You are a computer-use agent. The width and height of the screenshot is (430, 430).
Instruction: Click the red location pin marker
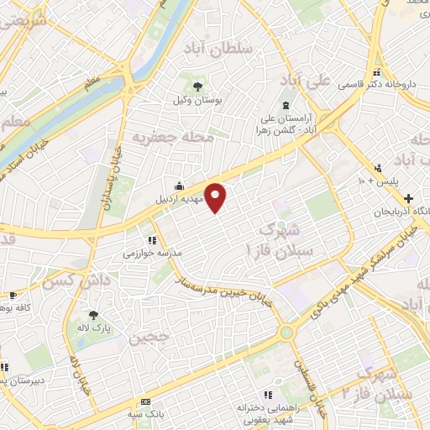(217, 198)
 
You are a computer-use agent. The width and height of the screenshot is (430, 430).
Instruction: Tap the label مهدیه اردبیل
(181, 200)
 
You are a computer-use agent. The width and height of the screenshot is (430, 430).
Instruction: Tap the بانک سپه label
(146, 412)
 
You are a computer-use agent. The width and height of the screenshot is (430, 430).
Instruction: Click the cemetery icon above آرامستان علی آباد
(285, 105)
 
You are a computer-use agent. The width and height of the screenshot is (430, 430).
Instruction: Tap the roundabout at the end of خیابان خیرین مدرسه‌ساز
(287, 333)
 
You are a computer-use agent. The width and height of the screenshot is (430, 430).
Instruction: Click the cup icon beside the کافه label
(13, 295)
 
